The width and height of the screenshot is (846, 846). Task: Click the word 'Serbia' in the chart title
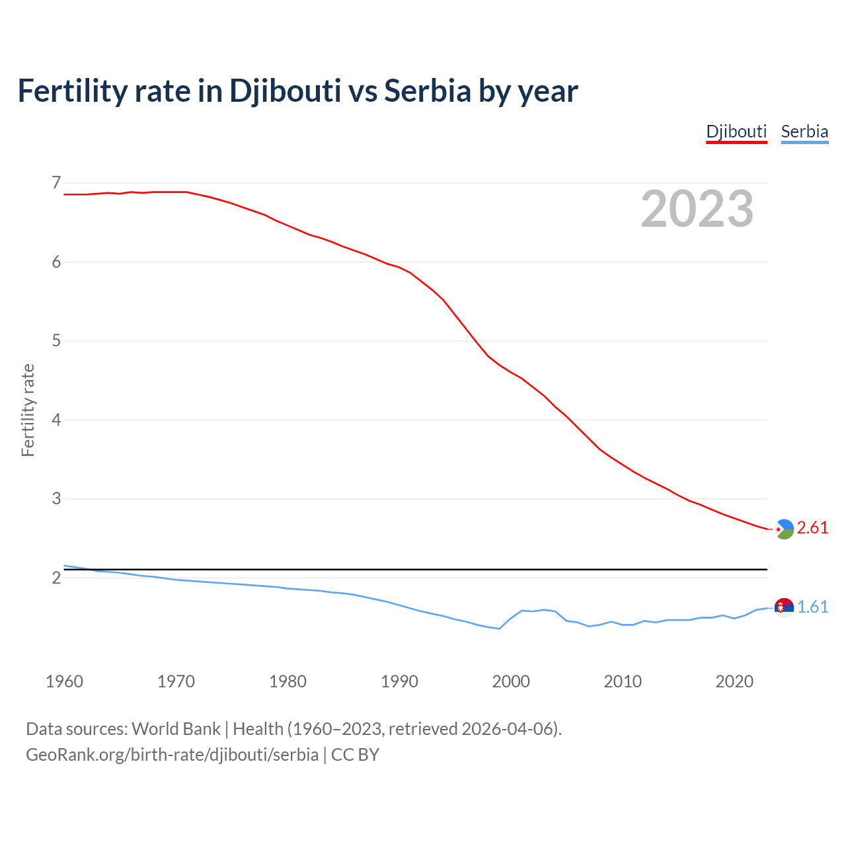click(x=427, y=91)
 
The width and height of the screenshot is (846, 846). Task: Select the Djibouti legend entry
click(x=736, y=132)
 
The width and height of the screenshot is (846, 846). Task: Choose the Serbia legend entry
click(x=804, y=132)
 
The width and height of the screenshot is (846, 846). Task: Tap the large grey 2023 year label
click(x=697, y=209)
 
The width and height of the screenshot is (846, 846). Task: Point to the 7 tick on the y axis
click(x=56, y=182)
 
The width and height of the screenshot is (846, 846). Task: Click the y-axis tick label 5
click(x=56, y=341)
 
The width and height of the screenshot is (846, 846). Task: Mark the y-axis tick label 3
click(x=56, y=498)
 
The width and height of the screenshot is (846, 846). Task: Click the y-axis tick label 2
click(x=56, y=578)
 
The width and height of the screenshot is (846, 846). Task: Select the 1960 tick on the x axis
click(x=64, y=681)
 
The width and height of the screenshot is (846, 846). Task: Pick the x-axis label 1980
click(x=288, y=681)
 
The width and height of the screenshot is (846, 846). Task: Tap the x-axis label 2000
click(x=511, y=681)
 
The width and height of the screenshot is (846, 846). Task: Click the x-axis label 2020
click(x=734, y=681)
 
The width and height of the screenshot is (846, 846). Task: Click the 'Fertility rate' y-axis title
click(x=28, y=410)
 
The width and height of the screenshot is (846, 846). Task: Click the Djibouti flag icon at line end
click(x=784, y=529)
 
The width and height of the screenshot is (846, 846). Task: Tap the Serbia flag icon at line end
click(x=784, y=607)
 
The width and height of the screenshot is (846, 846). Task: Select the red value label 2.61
click(x=812, y=528)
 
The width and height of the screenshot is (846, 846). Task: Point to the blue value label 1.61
click(x=812, y=607)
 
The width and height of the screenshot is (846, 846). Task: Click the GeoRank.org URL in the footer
click(x=172, y=755)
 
